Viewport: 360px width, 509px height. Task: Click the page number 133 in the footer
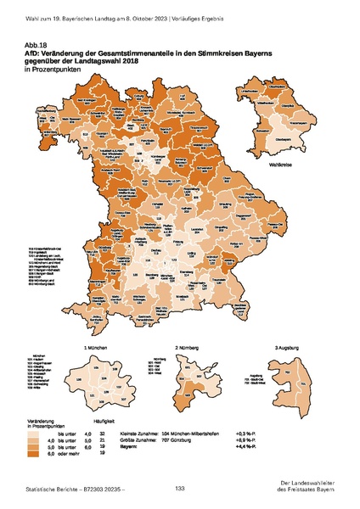pos(180,488)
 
